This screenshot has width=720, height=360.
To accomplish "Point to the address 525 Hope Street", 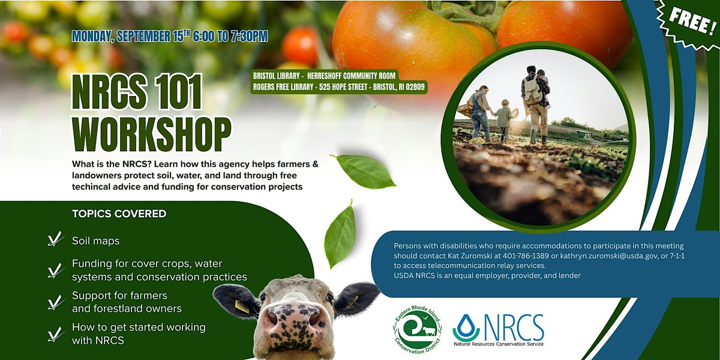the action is coord(343,87).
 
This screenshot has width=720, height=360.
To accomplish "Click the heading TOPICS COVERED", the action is coord(119,214).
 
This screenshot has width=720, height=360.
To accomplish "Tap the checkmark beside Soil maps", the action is coord(56,239).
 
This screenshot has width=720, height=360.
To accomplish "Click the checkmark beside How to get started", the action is coord(56,334).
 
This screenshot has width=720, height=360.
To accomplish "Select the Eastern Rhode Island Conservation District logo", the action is coord(417,330).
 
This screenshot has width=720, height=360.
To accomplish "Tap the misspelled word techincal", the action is coord(91,187).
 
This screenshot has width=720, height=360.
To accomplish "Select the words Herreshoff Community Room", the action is coord(352,76).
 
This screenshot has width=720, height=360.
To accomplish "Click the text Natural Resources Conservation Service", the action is coord(499,344).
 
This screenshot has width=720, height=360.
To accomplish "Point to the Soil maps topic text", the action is coord(96,241).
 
